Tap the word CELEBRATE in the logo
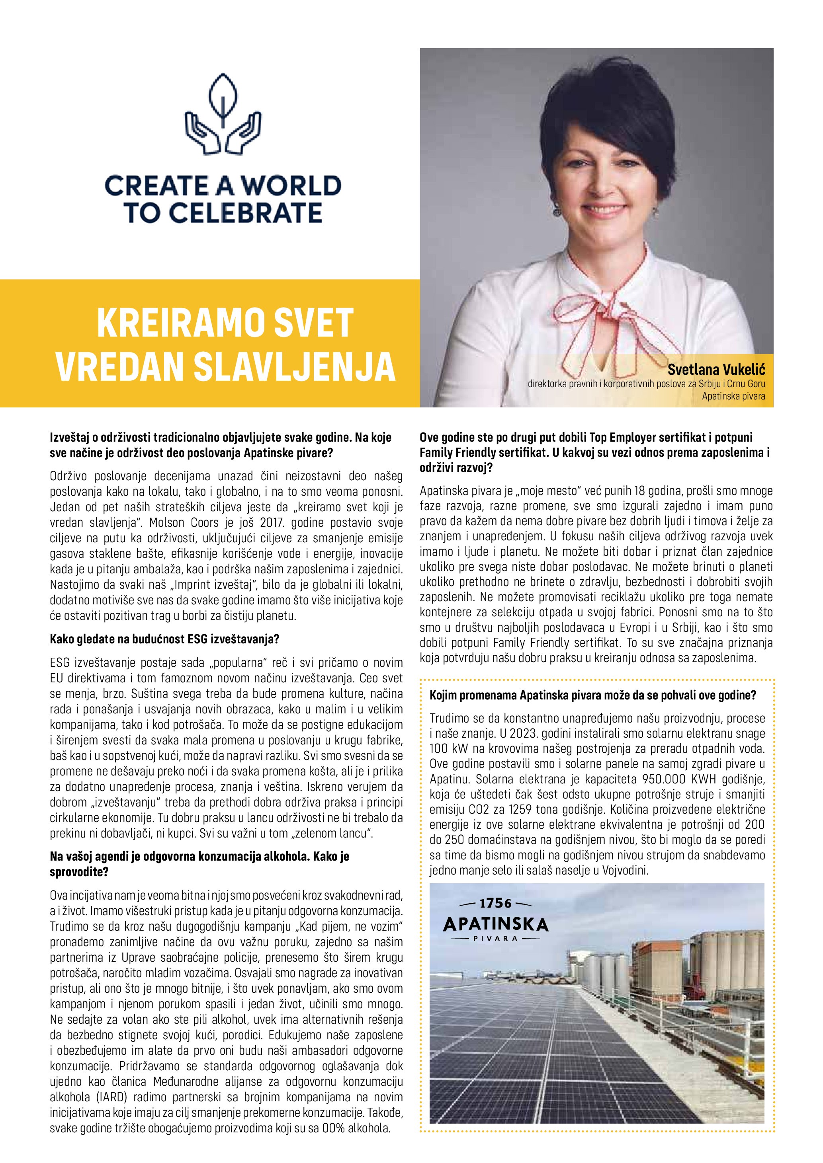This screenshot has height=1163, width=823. pyautogui.click(x=245, y=213)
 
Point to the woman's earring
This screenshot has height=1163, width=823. pyautogui.click(x=557, y=208)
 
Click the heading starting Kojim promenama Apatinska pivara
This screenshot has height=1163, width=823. pyautogui.click(x=592, y=695)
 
